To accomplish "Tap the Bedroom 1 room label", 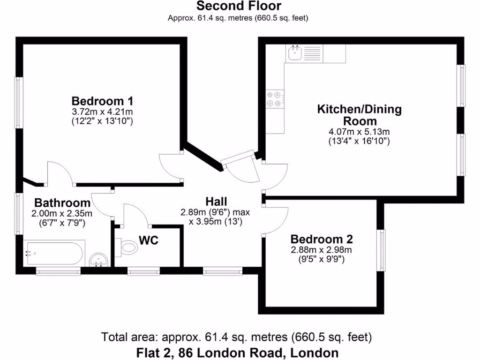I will point(102,101).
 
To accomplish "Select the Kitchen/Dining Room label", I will point(360,115).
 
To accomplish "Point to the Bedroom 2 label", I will point(321,239).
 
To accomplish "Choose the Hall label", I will point(216,202).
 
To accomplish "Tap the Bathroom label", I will point(62,203).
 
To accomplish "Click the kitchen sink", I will point(295,53).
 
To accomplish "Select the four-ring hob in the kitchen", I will point(275,98).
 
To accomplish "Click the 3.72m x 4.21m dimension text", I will point(102,112).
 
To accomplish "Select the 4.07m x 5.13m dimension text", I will point(360,132).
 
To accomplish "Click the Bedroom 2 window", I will point(382,250).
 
